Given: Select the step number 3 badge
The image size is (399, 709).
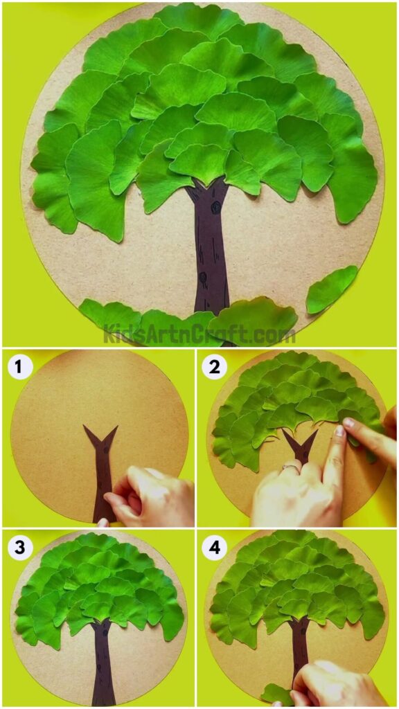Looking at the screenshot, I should pos(20,548).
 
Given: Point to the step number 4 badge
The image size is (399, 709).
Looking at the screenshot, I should pos(214,548).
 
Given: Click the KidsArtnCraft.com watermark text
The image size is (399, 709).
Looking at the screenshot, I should pos(199,335).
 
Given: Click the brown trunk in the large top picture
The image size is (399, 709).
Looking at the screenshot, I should pos(211,249).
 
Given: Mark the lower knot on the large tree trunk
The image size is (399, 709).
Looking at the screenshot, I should pos(204,278).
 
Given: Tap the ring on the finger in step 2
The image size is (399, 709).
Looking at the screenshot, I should pos(287,468).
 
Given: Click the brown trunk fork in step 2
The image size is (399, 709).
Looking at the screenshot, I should pos(300,447).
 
